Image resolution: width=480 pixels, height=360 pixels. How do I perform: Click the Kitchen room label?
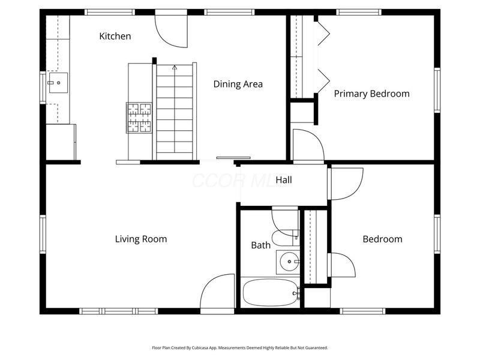(115, 36)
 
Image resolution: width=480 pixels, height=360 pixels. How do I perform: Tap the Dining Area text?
(238, 84)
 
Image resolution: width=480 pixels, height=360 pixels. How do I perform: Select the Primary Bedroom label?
(371, 94)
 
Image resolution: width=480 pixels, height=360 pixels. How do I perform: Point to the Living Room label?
(141, 239)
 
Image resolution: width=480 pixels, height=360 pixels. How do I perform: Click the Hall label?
(283, 179)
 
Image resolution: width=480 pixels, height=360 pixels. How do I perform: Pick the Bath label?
(261, 245)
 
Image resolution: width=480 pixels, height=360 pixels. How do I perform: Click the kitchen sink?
(58, 83)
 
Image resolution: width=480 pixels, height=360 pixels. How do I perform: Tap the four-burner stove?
(139, 118)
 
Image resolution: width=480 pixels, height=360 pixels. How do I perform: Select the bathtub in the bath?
(270, 293)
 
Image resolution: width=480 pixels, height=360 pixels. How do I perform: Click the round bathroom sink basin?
(289, 262)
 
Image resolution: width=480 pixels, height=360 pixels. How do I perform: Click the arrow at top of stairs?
(175, 67)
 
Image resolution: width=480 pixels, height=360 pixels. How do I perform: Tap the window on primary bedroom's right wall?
(437, 91)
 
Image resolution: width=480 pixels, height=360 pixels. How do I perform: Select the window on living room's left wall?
(43, 234)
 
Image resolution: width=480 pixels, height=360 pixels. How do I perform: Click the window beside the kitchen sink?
(43, 88)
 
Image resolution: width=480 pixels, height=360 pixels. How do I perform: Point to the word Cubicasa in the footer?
(200, 348)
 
